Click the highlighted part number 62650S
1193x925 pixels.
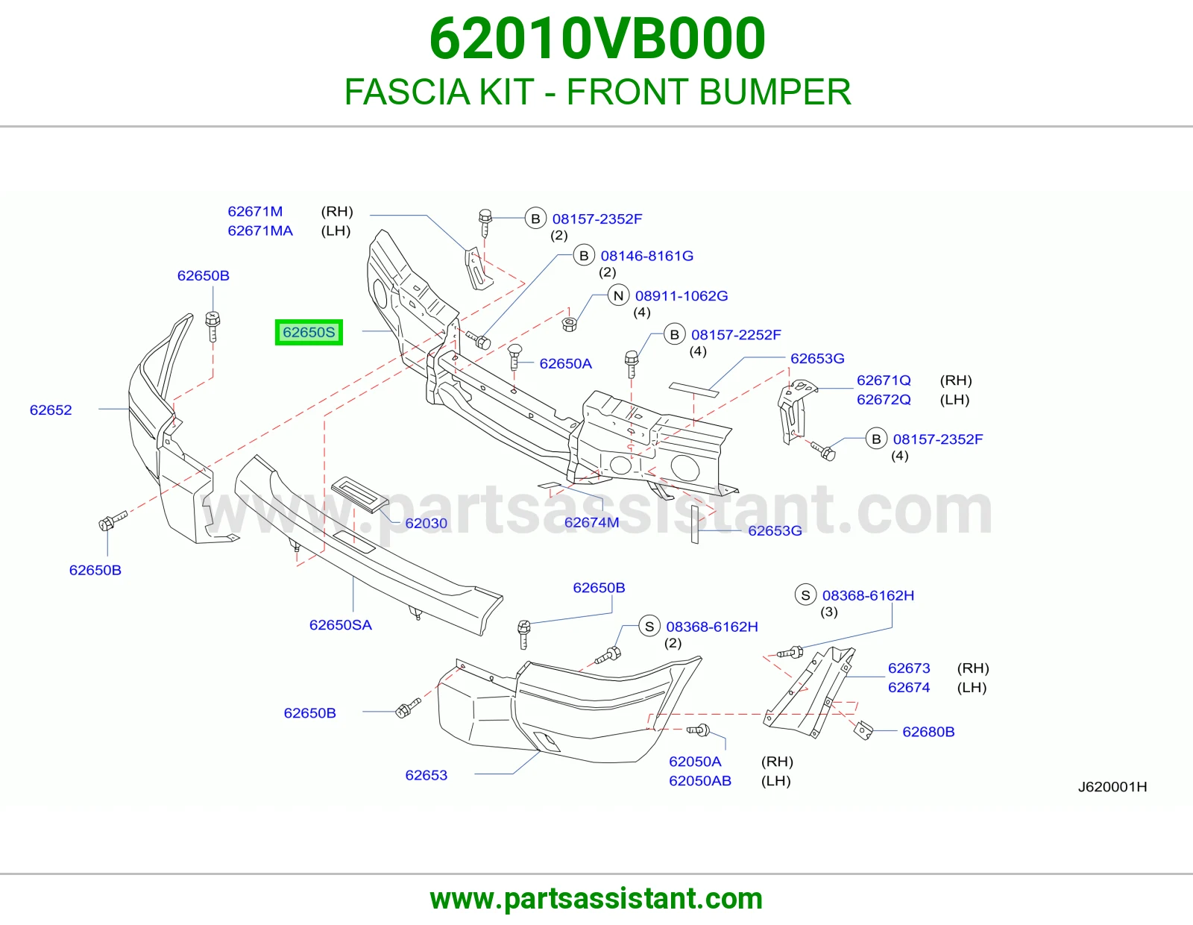(x=309, y=332)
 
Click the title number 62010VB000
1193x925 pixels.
(x=597, y=38)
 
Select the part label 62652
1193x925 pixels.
(x=51, y=410)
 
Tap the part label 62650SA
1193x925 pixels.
(x=341, y=624)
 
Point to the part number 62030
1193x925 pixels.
(x=426, y=523)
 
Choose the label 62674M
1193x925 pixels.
(x=592, y=522)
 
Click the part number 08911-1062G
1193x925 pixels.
(x=682, y=295)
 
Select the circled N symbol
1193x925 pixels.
(x=618, y=295)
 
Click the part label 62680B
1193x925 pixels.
(x=928, y=731)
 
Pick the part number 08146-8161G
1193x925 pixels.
(x=646, y=255)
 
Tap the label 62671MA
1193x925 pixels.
(x=260, y=231)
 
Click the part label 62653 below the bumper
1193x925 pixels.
(x=426, y=774)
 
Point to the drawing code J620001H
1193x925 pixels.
(x=1112, y=786)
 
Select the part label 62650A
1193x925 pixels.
(x=565, y=363)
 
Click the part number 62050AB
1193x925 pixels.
(x=700, y=780)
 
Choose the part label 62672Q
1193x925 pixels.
(x=884, y=399)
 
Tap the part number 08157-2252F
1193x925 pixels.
(x=736, y=334)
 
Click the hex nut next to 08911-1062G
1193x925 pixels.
(x=570, y=324)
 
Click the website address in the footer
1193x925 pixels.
(x=596, y=899)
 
